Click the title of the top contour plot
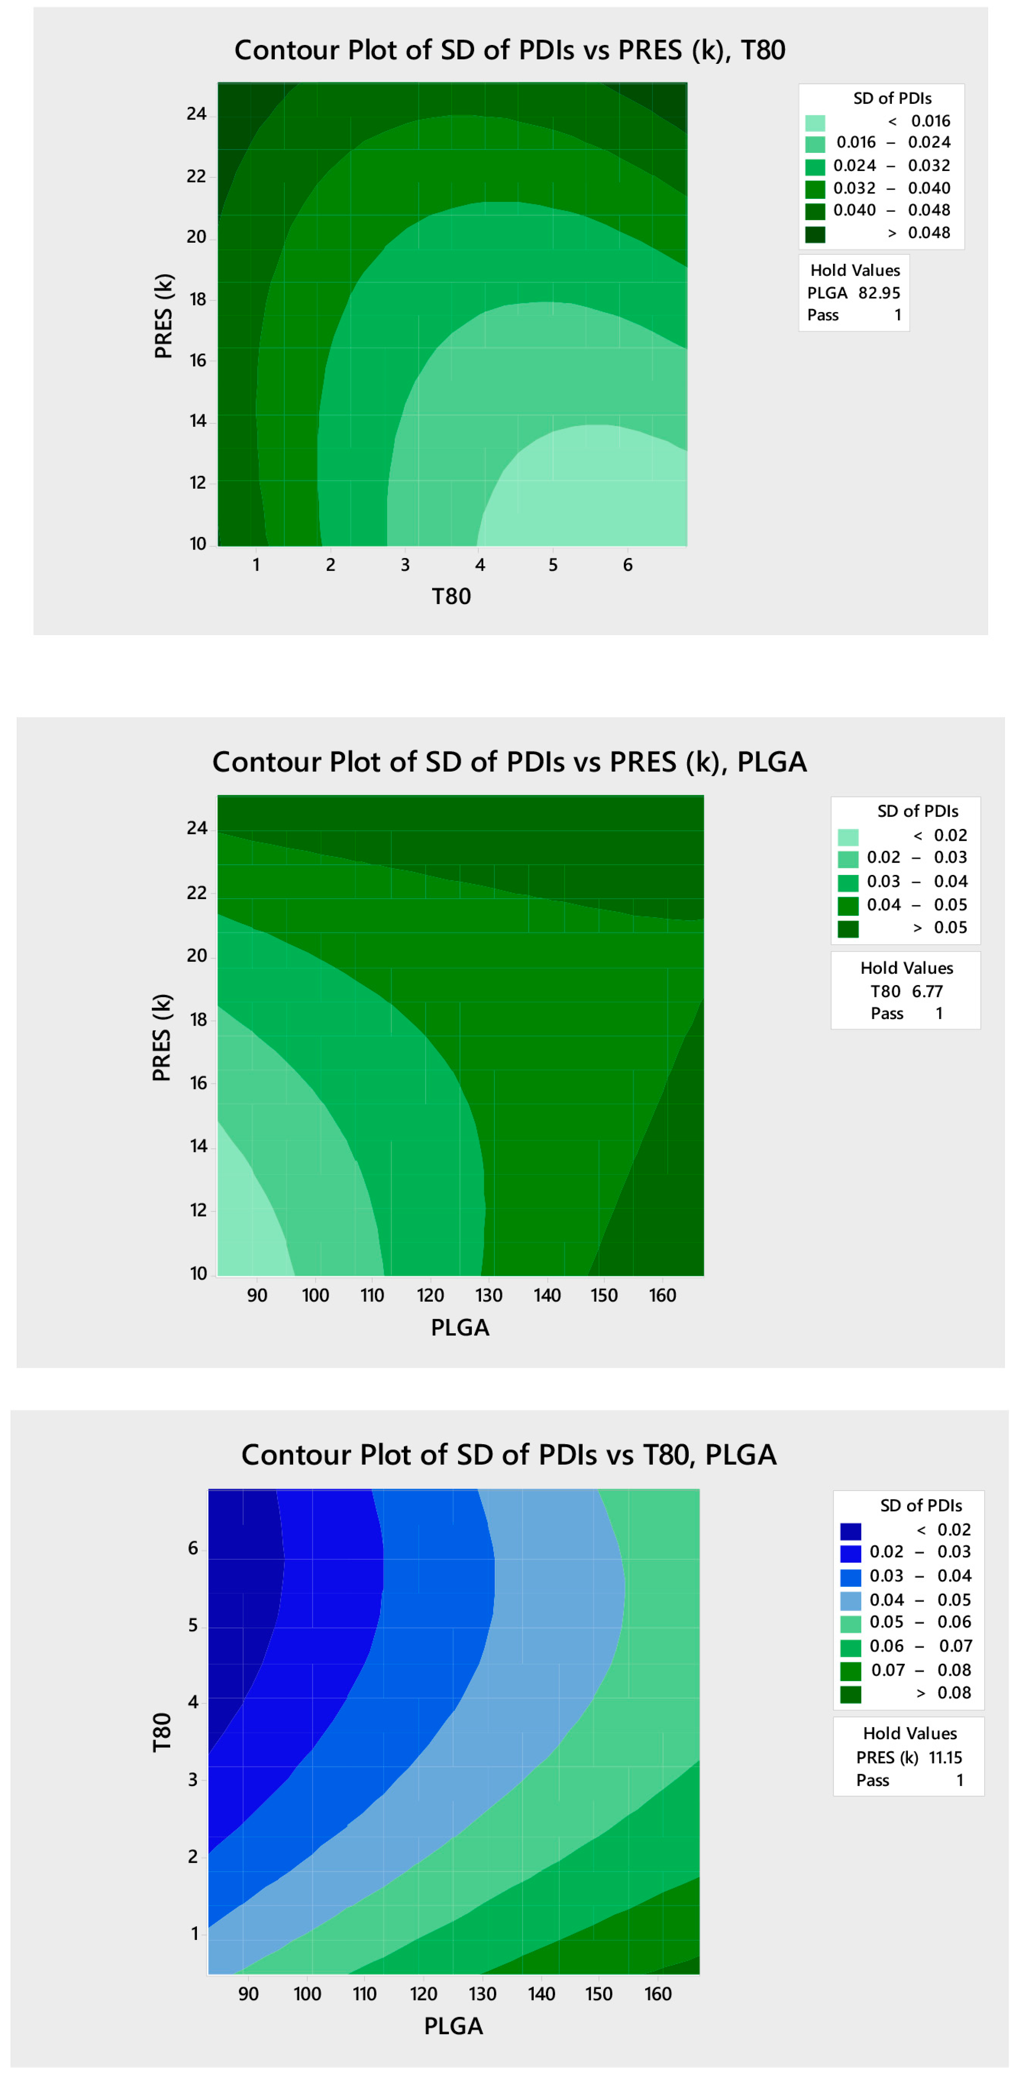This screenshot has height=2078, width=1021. pos(510,50)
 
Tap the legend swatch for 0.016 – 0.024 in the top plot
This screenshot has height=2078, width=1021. pos(814,144)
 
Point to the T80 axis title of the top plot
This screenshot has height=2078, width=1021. pos(451,596)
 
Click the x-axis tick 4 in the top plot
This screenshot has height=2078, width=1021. pos(480,565)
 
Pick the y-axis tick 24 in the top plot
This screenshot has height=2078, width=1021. pos(197,114)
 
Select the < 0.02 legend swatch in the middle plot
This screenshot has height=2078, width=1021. pos(847,836)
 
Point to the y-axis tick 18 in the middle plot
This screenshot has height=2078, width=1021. pos(198,1020)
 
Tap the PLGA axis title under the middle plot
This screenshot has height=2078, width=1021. pos(460,1327)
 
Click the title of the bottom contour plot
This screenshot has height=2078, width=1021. pos(509,1455)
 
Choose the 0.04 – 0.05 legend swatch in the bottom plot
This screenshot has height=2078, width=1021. pos(850,1600)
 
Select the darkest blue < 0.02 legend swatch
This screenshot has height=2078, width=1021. pos(850,1531)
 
